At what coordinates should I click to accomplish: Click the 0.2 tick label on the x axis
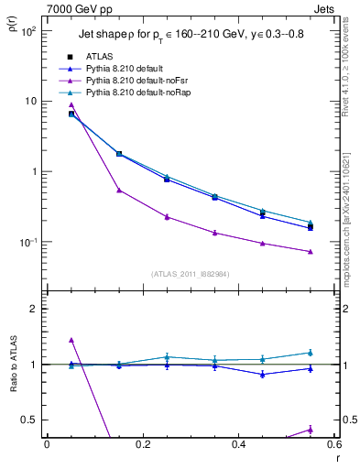143,446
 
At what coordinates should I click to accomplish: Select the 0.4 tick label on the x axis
239,446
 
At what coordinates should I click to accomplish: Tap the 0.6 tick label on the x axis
333,446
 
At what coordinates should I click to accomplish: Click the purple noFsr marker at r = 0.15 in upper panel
119,191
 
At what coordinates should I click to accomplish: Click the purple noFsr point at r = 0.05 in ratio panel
71,340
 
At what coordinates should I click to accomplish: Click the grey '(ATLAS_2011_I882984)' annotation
191,273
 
